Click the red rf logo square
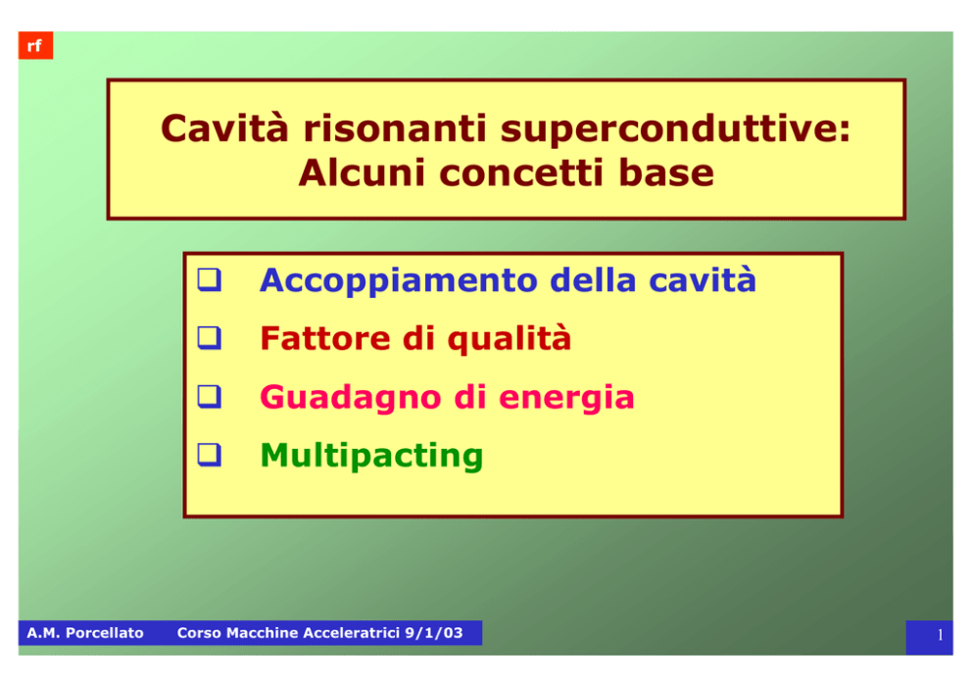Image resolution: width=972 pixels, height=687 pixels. [35, 45]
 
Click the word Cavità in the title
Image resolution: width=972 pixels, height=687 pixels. [224, 127]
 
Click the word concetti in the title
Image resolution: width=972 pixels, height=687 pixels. [521, 173]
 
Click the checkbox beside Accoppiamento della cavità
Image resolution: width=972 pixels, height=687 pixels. [210, 279]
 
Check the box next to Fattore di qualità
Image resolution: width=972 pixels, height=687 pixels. [210, 338]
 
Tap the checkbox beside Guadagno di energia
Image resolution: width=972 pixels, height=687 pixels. [210, 396]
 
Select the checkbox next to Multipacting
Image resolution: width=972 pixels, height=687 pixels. [210, 455]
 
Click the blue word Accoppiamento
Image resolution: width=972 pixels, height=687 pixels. [399, 281]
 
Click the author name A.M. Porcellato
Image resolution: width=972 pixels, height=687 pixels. [85, 633]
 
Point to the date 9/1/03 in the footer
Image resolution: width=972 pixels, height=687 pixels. [434, 633]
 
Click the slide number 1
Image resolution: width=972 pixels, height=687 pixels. [941, 635]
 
